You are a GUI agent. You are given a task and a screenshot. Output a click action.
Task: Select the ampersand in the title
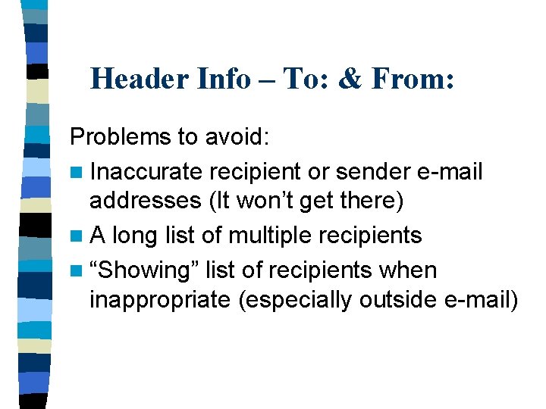(x=350, y=78)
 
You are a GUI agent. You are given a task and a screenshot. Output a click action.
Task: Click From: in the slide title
(x=413, y=78)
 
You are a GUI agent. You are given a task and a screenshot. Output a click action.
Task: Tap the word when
(x=409, y=269)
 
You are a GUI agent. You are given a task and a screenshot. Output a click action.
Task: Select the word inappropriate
(x=159, y=300)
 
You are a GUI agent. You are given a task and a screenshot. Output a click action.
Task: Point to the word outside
(x=397, y=300)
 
